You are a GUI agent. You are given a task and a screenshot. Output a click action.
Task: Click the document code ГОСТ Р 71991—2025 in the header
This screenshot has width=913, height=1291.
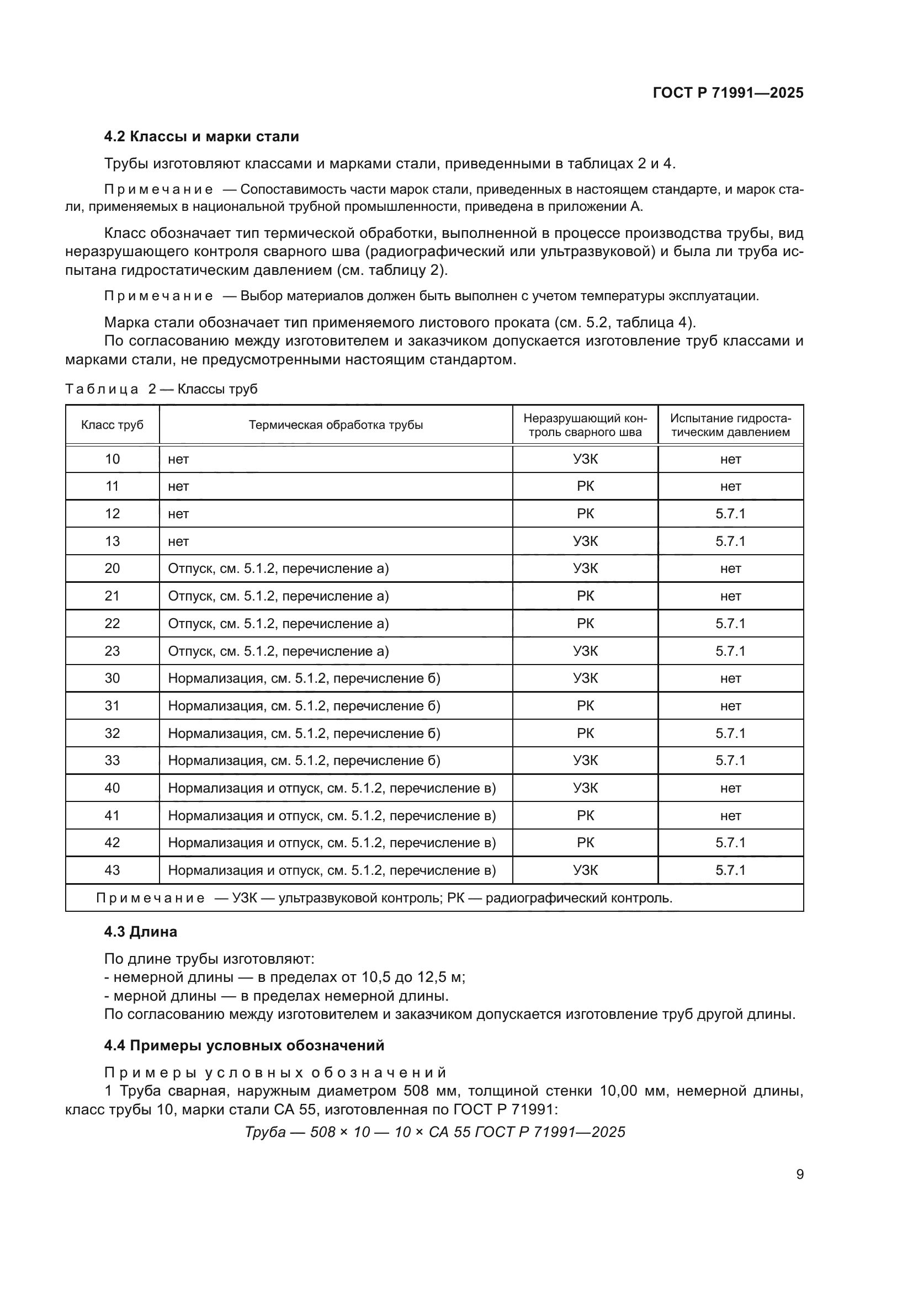click(x=728, y=93)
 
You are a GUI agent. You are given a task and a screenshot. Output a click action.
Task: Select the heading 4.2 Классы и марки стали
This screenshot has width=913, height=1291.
click(x=201, y=137)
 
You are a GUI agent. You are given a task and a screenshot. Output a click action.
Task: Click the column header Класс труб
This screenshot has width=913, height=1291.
click(x=113, y=425)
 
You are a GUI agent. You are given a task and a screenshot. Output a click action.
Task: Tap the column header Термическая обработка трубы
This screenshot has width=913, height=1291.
click(x=336, y=425)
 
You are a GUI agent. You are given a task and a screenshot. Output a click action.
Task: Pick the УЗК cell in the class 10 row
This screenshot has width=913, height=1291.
click(x=585, y=459)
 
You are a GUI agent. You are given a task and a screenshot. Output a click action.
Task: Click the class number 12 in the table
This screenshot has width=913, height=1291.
click(x=113, y=514)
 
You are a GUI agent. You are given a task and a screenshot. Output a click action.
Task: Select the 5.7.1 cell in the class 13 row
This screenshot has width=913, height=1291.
click(x=730, y=541)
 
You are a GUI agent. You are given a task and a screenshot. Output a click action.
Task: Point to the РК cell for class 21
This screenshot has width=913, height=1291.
click(x=585, y=596)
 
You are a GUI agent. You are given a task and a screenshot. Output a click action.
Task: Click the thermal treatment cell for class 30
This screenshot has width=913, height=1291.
click(x=304, y=679)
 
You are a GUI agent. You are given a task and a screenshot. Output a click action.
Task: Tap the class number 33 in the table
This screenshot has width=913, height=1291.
click(x=113, y=761)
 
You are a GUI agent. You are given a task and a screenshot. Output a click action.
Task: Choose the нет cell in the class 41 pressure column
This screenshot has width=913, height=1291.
click(x=730, y=816)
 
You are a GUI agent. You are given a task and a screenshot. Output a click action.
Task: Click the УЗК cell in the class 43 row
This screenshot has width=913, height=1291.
click(x=585, y=870)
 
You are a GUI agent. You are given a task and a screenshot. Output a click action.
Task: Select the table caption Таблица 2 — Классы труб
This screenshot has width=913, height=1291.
click(x=161, y=389)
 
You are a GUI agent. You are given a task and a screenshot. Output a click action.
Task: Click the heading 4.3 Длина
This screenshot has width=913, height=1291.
click(x=141, y=932)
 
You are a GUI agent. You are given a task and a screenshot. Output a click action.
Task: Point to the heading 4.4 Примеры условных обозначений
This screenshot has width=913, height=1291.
click(x=244, y=1045)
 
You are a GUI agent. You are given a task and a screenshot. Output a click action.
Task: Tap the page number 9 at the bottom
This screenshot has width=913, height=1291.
click(x=799, y=1175)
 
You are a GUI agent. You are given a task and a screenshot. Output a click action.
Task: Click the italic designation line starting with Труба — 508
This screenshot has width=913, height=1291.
click(x=434, y=1132)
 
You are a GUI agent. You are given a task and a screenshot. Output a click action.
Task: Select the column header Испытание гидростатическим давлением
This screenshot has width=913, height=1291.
click(x=730, y=425)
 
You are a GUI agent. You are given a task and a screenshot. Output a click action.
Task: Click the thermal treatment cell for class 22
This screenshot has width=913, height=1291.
click(x=278, y=624)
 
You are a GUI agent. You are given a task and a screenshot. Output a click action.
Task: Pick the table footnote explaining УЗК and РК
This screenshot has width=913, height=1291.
click(x=384, y=898)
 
